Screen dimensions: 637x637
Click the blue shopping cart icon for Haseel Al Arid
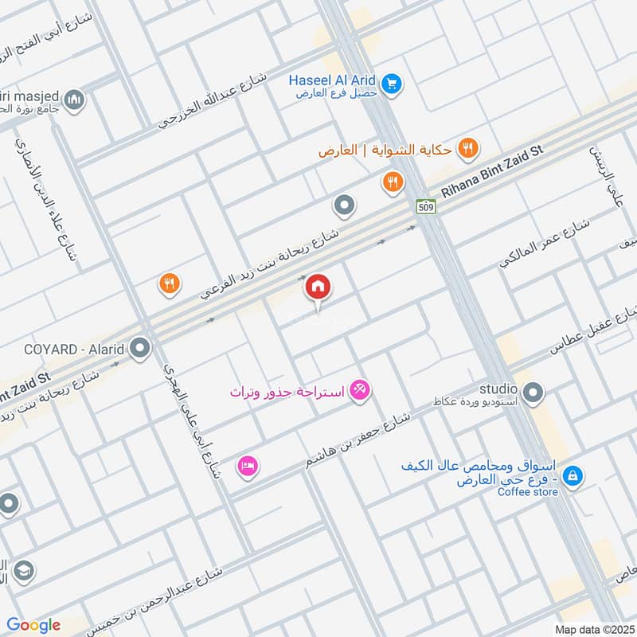[391, 82]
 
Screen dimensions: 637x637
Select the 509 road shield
[424, 206]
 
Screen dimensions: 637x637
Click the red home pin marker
[318, 287]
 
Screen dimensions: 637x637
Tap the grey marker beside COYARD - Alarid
[140, 348]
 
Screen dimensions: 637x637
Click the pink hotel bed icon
[248, 467]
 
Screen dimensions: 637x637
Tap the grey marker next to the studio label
[533, 391]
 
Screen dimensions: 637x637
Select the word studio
[498, 389]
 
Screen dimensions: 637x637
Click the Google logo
[33, 624]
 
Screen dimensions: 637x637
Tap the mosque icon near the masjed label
[75, 101]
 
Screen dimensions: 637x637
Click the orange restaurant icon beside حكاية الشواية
[470, 147]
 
